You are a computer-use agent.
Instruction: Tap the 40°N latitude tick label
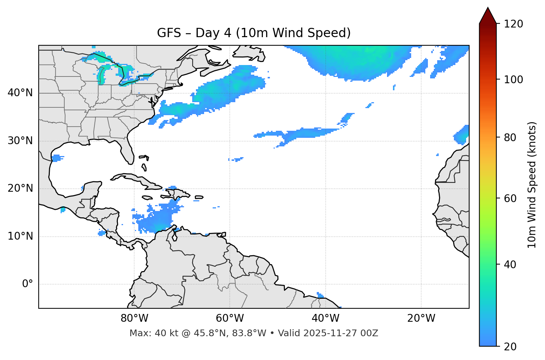[x=20, y=93]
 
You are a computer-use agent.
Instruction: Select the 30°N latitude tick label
[x=20, y=141]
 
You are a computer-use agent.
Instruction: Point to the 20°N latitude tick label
[x=20, y=188]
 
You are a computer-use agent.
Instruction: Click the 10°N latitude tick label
[x=20, y=236]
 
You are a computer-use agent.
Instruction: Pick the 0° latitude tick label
[x=27, y=284]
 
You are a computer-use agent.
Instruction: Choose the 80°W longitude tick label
[x=134, y=318]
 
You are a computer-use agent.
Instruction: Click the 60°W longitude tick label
[x=230, y=318]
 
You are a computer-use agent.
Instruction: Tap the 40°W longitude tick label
[x=325, y=318]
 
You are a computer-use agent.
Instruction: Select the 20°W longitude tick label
[x=421, y=318]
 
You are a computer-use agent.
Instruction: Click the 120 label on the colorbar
[x=513, y=24]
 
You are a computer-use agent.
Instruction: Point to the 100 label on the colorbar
[x=513, y=80]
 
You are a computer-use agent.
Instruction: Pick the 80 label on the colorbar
[x=510, y=137]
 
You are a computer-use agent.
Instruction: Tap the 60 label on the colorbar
[x=510, y=198]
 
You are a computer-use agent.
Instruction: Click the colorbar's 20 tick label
[x=510, y=347]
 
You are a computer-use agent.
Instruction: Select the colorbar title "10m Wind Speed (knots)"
[x=532, y=185]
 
